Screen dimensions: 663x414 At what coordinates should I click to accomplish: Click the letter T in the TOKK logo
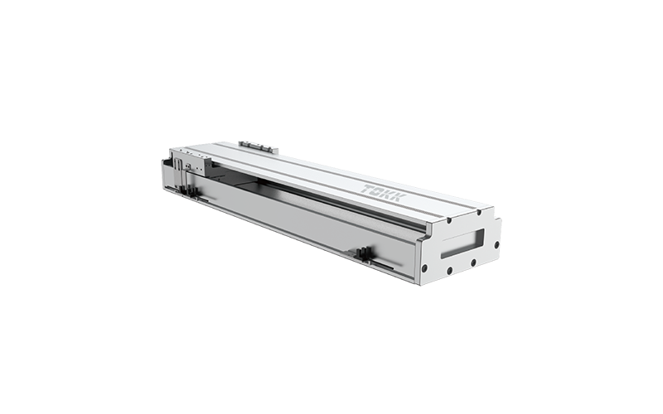click(x=367, y=189)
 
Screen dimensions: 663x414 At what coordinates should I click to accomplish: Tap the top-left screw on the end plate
click(x=449, y=219)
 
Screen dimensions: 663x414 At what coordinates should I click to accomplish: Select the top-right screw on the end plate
click(x=478, y=212)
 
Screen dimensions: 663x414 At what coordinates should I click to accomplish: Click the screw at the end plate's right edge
click(x=496, y=244)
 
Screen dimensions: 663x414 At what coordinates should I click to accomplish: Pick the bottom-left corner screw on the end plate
click(x=424, y=267)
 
